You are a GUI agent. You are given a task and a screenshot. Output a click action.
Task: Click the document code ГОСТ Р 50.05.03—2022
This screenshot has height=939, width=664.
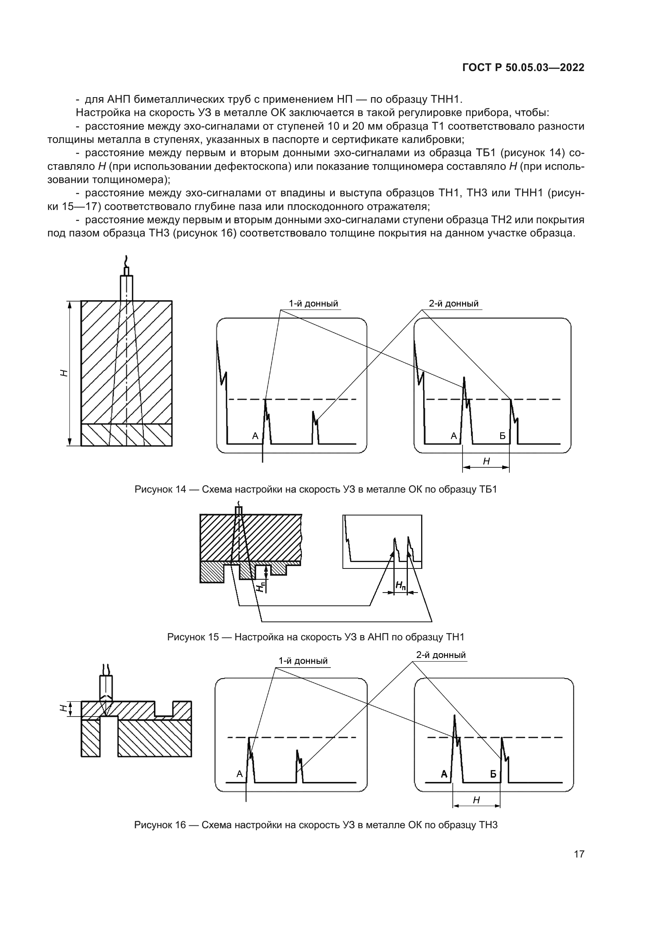point(523,67)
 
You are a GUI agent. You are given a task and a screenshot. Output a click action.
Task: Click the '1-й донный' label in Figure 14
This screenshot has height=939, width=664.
point(313,303)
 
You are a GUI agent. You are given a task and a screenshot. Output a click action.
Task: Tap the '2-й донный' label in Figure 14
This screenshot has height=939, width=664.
point(453,303)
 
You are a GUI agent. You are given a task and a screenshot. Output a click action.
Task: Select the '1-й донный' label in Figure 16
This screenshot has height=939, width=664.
point(303,661)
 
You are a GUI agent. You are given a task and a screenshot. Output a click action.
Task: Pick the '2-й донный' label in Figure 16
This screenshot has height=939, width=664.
point(441,655)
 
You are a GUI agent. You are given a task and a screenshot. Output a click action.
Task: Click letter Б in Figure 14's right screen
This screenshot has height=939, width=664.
point(503,436)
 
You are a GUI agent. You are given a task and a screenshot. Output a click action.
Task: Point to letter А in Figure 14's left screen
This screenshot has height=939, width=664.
point(255,436)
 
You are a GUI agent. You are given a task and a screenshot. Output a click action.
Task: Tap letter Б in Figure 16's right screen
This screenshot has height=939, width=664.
point(493,774)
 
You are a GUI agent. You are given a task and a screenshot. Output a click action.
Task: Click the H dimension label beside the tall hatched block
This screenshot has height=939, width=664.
point(64,373)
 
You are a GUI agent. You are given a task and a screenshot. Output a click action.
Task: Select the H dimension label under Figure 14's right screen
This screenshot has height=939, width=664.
point(486,461)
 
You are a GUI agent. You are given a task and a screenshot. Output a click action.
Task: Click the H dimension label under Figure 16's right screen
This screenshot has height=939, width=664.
point(477,800)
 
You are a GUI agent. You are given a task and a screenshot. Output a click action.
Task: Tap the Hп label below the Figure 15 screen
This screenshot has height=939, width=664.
point(401,586)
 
